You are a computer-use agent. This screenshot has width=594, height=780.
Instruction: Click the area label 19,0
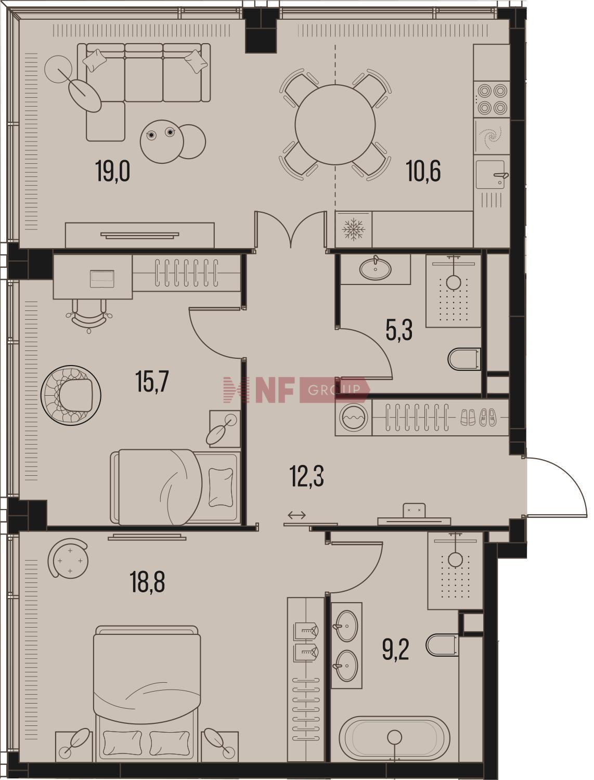(113, 171)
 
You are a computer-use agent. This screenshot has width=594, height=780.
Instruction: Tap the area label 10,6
(423, 171)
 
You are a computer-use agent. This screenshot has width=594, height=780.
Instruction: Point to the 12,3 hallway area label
(307, 476)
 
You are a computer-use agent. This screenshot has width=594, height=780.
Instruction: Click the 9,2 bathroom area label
(396, 649)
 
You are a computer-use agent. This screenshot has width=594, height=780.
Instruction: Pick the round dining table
(335, 124)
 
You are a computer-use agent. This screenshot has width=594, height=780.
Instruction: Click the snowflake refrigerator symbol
(353, 229)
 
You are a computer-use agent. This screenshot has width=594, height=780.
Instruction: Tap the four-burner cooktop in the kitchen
(492, 99)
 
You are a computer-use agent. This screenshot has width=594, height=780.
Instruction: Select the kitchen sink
(491, 174)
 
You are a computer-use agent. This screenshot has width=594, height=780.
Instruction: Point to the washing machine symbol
(353, 417)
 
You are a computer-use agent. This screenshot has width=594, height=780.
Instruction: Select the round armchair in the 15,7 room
(71, 395)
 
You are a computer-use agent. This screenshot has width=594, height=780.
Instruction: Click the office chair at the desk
(89, 315)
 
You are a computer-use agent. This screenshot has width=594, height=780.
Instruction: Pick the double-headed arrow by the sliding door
(296, 515)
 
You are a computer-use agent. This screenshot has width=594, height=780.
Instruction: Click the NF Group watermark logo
(297, 390)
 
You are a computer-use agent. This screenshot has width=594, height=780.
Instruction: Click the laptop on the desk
(102, 278)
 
